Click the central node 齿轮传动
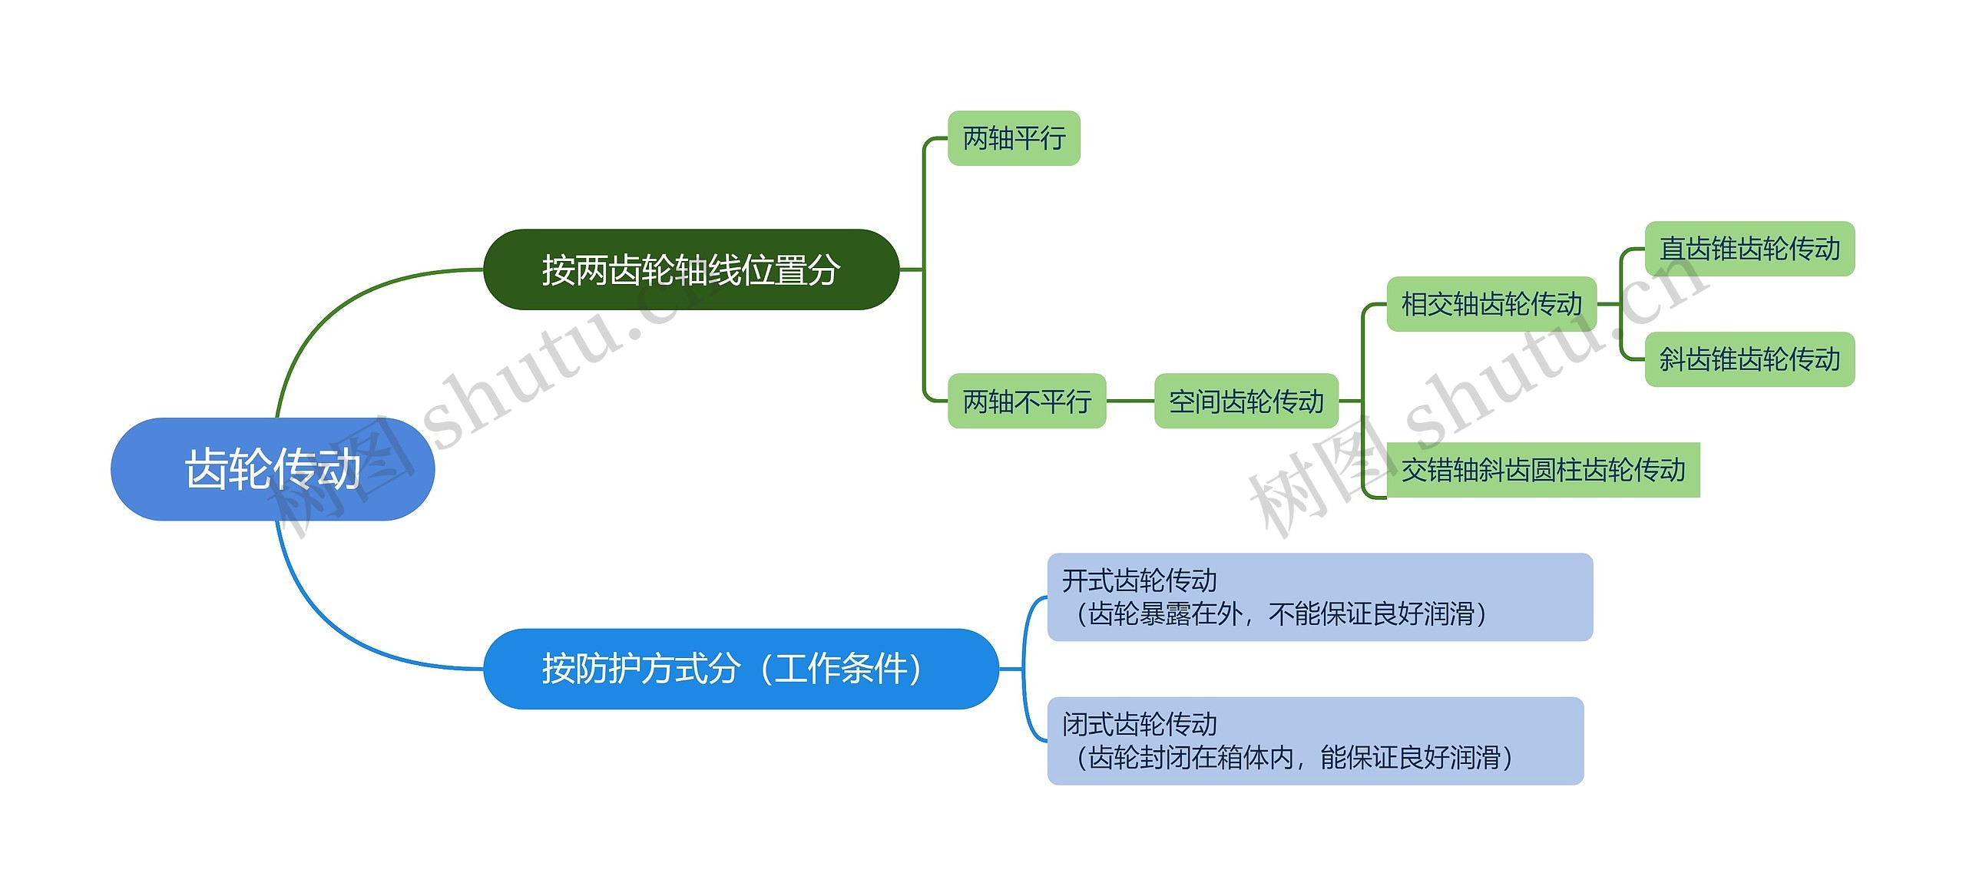(273, 469)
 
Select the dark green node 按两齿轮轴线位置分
(690, 269)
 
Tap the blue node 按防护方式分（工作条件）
(740, 669)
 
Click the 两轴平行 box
(1014, 138)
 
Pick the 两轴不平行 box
(1027, 401)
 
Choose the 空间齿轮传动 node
(1246, 401)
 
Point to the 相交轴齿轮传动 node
(1491, 304)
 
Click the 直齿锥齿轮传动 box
(1749, 249)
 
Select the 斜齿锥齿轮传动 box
(1749, 359)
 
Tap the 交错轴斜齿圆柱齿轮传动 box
(1543, 470)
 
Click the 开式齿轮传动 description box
(1319, 597)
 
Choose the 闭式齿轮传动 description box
(1315, 740)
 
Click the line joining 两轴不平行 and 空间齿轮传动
(1130, 401)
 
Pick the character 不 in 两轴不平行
(1027, 401)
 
